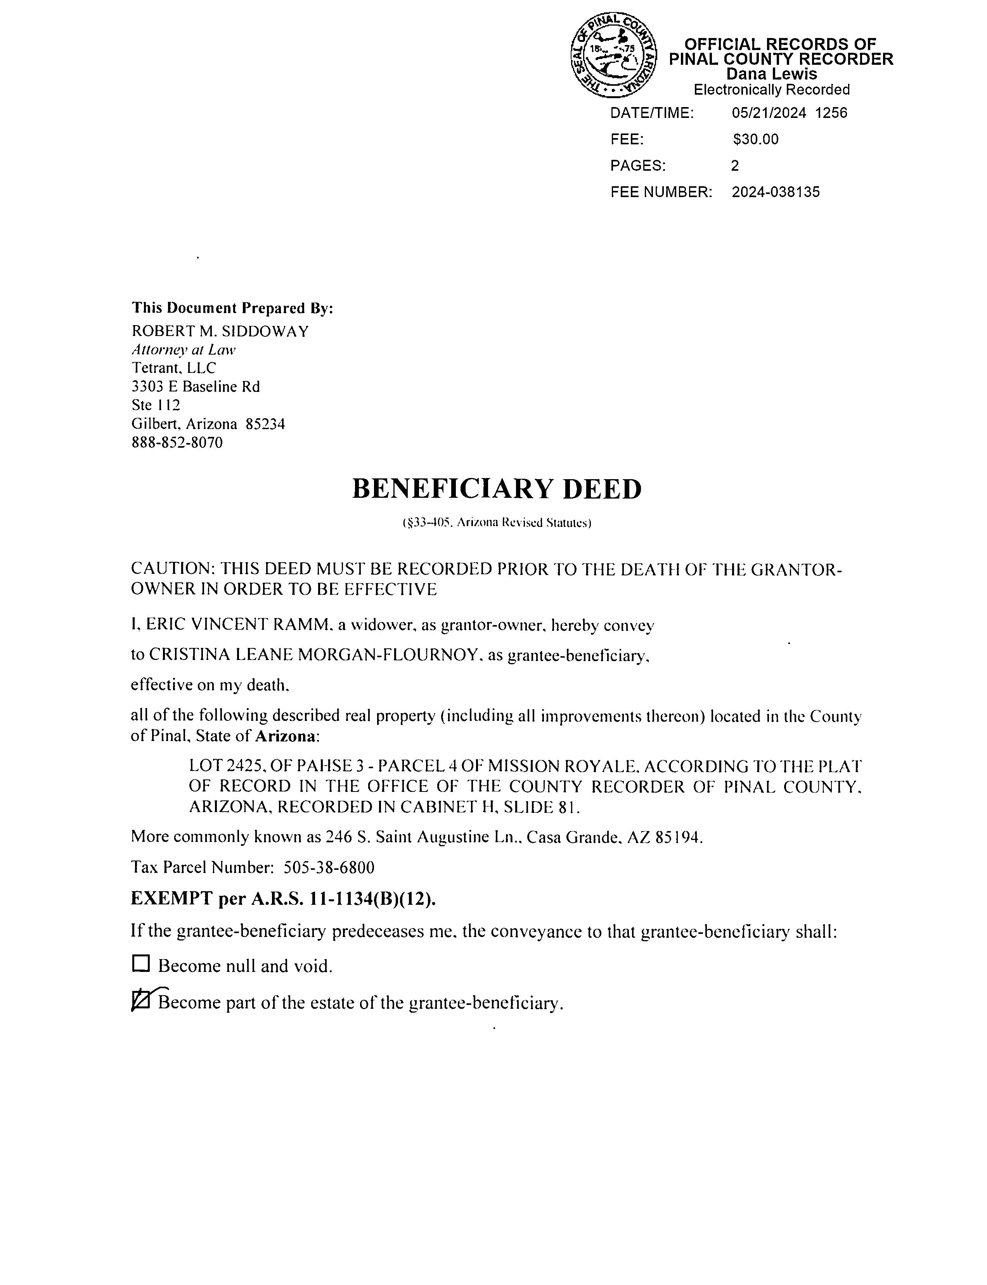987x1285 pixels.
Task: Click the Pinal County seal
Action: point(613,56)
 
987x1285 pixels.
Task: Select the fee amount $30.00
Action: point(755,139)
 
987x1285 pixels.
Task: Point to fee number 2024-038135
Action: point(776,192)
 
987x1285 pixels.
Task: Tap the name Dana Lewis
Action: point(771,74)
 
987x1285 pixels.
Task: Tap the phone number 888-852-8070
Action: point(177,442)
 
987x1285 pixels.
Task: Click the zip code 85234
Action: point(265,424)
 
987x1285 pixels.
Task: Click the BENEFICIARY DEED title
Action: point(497,489)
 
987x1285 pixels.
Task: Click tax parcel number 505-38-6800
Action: point(329,867)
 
